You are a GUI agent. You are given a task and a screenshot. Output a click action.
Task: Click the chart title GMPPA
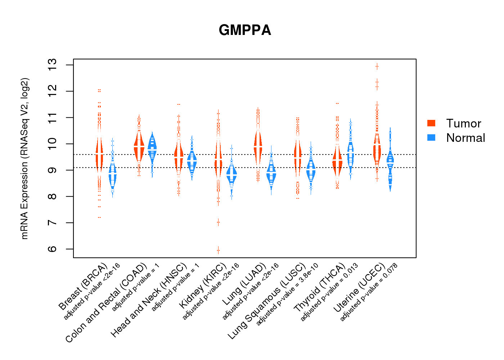(x=245, y=30)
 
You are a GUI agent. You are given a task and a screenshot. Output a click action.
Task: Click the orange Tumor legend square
(x=431, y=123)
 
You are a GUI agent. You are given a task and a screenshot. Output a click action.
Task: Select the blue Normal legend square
(x=431, y=138)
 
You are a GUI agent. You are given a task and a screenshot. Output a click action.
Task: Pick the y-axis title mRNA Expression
(x=24, y=158)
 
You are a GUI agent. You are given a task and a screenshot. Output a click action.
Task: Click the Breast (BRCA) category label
(x=83, y=287)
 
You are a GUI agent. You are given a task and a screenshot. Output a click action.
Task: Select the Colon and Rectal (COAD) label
(x=107, y=302)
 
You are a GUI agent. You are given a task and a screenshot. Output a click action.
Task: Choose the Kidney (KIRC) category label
(x=203, y=285)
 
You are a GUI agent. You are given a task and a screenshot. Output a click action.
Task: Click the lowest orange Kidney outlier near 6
(x=218, y=250)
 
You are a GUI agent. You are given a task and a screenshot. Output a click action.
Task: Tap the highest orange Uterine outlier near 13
(x=377, y=66)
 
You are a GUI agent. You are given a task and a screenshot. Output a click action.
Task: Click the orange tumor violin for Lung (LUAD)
(x=258, y=146)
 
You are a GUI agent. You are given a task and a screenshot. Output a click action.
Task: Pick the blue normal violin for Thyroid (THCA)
(x=350, y=155)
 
